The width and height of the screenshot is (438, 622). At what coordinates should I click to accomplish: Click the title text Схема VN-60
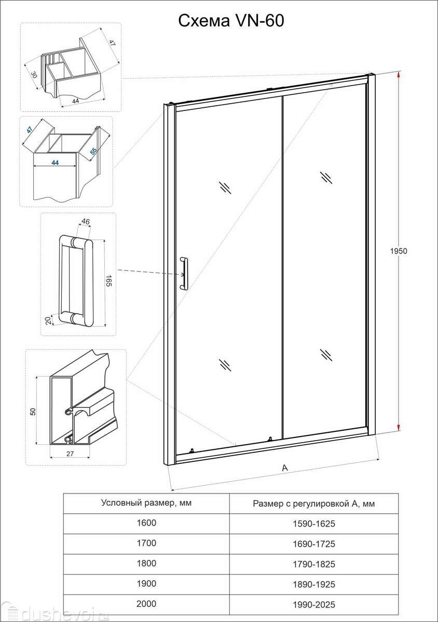(x=231, y=21)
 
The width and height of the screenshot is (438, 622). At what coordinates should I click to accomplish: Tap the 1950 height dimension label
(x=399, y=251)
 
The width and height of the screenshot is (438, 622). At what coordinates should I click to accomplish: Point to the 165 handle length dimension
(x=108, y=281)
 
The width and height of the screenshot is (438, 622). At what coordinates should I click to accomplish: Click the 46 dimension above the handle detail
(x=86, y=221)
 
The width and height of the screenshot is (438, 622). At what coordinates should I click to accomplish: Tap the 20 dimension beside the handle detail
(x=48, y=320)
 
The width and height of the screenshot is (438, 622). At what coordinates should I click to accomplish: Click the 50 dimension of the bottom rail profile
(x=33, y=411)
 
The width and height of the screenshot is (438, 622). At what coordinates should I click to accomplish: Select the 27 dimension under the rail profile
(x=70, y=454)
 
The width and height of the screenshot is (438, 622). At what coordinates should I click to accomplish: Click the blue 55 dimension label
(x=93, y=150)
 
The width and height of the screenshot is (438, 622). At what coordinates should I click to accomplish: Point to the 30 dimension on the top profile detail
(x=34, y=75)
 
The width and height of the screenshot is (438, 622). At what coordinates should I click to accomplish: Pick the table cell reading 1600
(x=146, y=523)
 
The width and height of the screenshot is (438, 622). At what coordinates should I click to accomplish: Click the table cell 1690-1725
(x=313, y=544)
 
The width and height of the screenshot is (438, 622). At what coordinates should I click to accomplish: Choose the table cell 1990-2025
(x=313, y=604)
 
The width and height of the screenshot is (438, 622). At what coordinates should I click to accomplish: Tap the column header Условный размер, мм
(x=146, y=503)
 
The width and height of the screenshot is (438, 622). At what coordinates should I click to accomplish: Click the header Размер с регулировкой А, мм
(x=313, y=503)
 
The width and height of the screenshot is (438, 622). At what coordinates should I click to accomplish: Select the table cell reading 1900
(x=146, y=584)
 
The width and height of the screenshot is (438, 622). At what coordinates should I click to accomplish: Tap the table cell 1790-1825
(x=313, y=564)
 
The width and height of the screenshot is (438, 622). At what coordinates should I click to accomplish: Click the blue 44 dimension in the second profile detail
(x=55, y=162)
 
